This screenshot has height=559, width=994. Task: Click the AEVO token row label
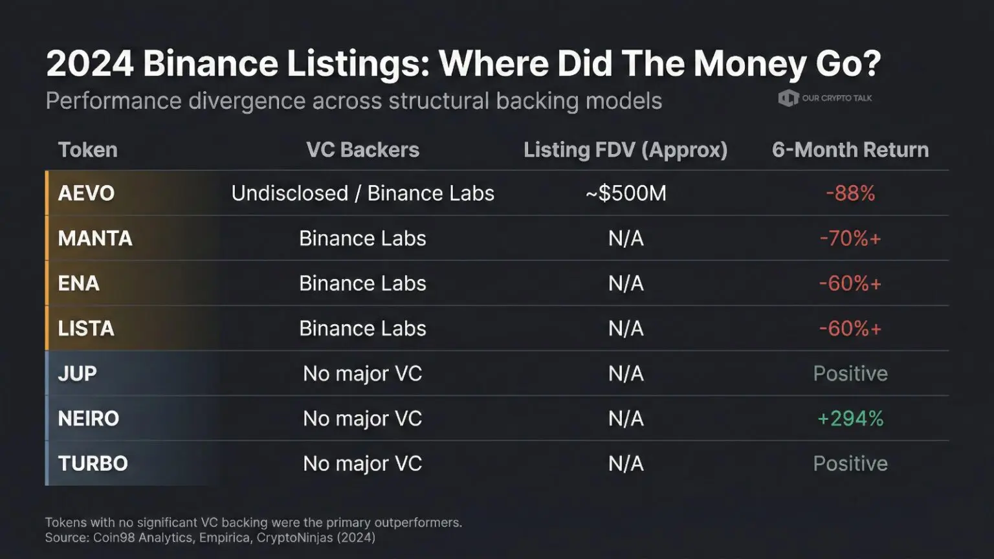pos(86,193)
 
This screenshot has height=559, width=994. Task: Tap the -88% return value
pos(850,193)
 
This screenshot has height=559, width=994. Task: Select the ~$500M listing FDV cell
pos(625,193)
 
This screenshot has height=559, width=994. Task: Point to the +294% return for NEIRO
pos(850,419)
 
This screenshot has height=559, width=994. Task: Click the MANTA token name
pos(95,239)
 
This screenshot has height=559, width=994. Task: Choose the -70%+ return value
pos(850,239)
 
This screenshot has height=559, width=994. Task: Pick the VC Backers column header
pos(362,150)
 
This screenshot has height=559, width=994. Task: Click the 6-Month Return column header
pos(850,150)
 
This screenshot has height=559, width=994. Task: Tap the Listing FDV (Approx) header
pos(625,150)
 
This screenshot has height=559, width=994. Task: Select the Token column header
pos(88,150)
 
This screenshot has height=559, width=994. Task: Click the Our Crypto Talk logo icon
pos(788,98)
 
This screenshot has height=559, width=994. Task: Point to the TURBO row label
pos(93,464)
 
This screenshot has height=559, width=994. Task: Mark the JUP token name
pos(77,374)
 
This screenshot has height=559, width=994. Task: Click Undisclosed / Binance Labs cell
pos(362,193)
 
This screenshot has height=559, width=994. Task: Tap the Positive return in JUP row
pos(850,374)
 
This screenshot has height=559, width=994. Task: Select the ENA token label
pos(78,283)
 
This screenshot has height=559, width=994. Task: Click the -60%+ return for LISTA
pos(850,329)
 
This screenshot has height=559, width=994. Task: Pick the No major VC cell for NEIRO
pos(362,419)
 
